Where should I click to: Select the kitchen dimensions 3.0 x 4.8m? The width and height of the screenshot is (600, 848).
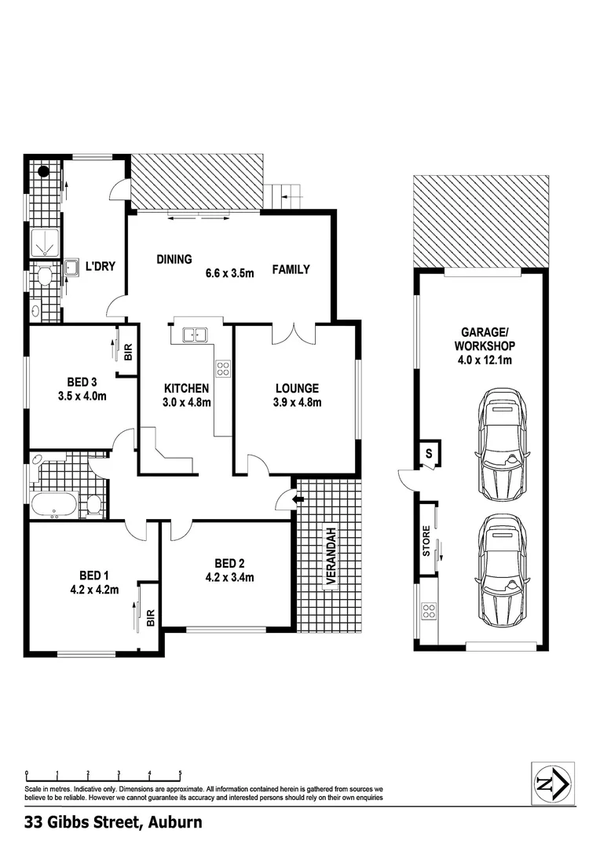[x=186, y=403]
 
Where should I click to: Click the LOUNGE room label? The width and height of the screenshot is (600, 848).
[x=297, y=388]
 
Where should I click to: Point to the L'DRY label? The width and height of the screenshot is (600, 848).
[x=101, y=267]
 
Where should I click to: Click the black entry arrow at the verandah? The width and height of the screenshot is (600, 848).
[x=297, y=498]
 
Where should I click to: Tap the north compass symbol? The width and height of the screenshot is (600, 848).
[x=553, y=783]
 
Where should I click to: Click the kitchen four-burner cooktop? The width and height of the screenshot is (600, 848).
[x=223, y=368]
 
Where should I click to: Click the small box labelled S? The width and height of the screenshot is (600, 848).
[x=429, y=453]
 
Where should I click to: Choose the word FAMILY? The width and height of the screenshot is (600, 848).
[x=291, y=269]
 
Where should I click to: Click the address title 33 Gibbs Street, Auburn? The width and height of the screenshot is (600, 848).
[x=113, y=822]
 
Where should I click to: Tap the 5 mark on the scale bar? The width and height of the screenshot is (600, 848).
[x=181, y=773]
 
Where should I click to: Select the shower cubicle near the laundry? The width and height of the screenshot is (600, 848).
[x=46, y=245]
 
